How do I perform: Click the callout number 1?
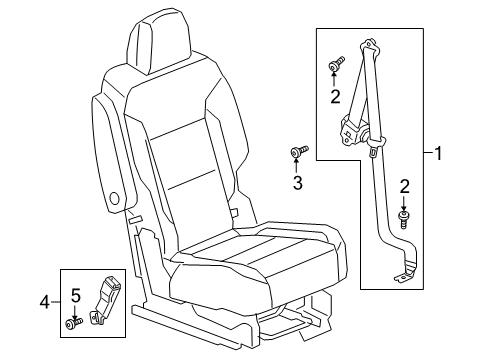(x=440, y=154)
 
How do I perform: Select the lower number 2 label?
(x=404, y=186)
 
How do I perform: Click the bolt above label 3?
(x=298, y=151)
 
